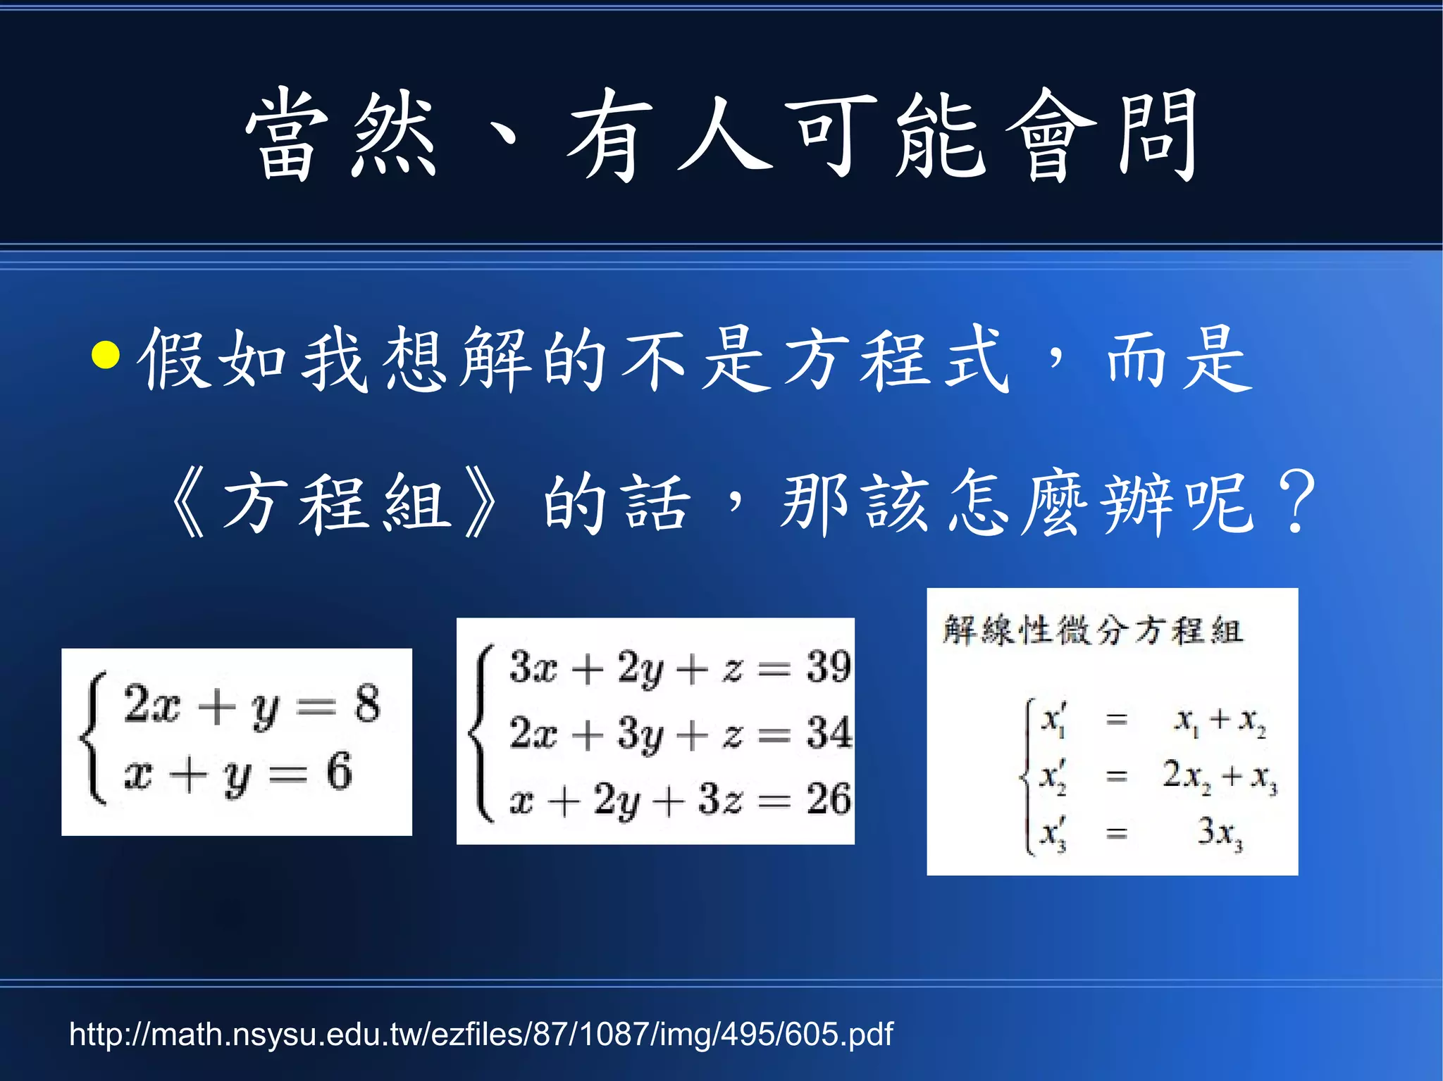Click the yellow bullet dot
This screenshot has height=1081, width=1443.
(x=106, y=355)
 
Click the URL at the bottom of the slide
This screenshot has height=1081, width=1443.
(x=481, y=1035)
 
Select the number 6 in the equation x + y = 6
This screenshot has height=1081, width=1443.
(x=339, y=772)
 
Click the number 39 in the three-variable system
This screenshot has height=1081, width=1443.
(x=829, y=666)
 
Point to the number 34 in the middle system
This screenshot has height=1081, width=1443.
(x=829, y=732)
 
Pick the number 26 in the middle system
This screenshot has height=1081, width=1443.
(x=829, y=799)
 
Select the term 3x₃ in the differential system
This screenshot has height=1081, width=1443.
(x=1220, y=833)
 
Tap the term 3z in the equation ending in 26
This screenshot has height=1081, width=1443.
(x=720, y=800)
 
